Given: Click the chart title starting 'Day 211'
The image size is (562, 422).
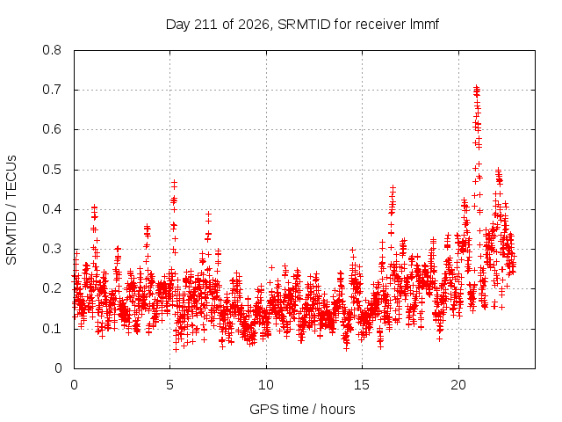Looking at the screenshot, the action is [302, 25].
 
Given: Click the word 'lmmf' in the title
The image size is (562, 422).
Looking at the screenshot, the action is [424, 25].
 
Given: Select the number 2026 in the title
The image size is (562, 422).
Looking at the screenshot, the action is [254, 25].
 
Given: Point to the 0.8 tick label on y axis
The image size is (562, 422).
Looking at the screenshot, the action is [52, 50].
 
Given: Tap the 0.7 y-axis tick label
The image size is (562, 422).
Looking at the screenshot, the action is [52, 90].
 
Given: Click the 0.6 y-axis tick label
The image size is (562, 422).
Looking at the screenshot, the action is [52, 129].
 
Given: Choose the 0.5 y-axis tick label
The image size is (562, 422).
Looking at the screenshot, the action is [52, 170].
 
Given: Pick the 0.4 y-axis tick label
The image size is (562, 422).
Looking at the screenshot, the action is [52, 209].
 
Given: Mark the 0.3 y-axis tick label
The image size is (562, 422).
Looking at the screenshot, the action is [52, 249].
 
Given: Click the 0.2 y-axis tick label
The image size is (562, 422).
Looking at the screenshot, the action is [52, 289].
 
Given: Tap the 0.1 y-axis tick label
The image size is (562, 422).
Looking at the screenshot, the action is [52, 329].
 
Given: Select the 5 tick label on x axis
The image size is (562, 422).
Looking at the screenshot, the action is [169, 385].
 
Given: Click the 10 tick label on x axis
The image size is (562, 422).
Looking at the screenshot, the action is [266, 385].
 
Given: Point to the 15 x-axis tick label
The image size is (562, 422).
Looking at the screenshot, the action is [362, 385].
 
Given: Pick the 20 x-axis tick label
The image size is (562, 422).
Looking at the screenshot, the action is [458, 385].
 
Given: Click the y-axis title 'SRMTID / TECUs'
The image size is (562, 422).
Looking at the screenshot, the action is [11, 210].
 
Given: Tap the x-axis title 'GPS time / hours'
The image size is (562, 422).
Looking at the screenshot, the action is [302, 409].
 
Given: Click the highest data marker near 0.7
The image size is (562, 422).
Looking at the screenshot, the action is [476, 87].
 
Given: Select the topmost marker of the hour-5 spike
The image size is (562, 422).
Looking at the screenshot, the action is [175, 182].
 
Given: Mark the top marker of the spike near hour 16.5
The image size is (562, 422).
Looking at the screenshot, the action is [393, 187].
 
